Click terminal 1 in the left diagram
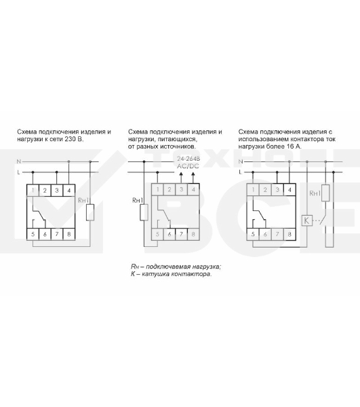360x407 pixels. [x=33, y=190]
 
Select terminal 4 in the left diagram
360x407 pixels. [x=69, y=190]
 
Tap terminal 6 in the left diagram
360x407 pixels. [x=45, y=234]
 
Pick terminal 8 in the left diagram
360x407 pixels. [x=69, y=234]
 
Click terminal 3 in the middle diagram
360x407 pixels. [x=181, y=189]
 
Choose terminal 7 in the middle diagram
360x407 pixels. [x=181, y=234]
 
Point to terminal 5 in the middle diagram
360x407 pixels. [x=157, y=234]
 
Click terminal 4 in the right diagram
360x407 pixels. [x=289, y=189]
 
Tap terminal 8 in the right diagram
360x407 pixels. [x=289, y=234]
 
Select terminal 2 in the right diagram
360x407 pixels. [x=265, y=189]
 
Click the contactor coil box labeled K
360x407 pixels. [x=307, y=220]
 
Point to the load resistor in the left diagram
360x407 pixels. [x=90, y=212]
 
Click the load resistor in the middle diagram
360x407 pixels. [x=144, y=212]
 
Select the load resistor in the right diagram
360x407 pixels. [x=325, y=193]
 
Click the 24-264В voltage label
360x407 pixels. [x=188, y=159]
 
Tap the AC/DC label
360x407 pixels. [x=188, y=166]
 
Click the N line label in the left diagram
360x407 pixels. [x=19, y=161]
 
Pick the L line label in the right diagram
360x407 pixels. [x=240, y=172]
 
